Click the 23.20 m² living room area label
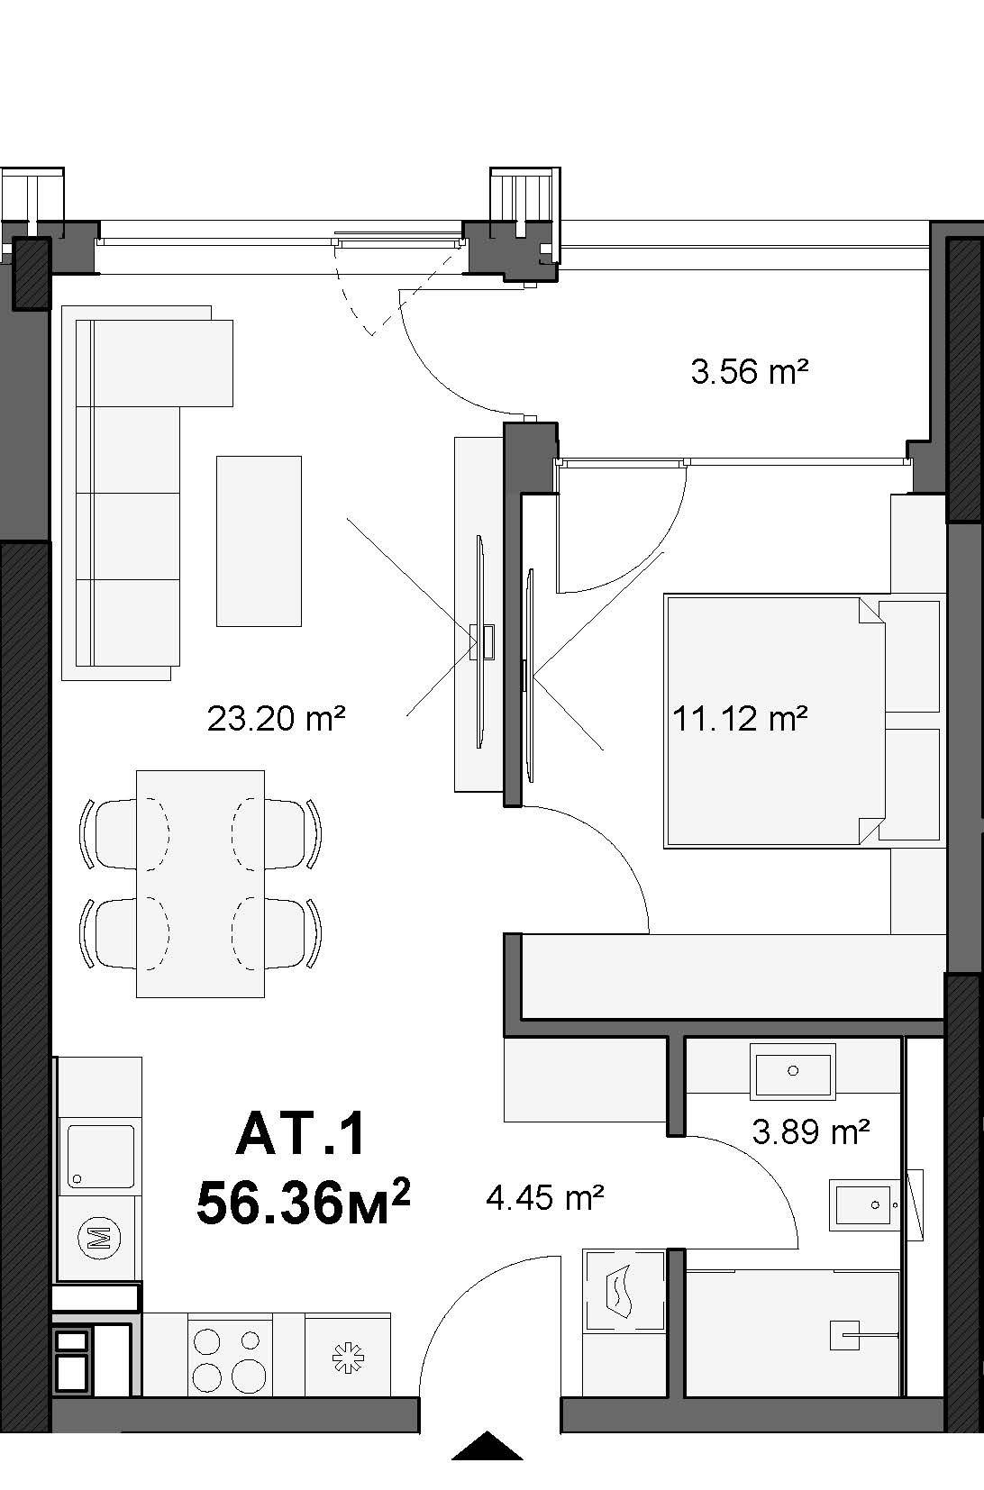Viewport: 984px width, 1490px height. pos(276,718)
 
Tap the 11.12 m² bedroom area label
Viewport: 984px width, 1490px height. pos(740,718)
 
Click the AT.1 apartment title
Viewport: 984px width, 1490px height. pos(300,1134)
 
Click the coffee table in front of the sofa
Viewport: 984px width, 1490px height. pos(259,541)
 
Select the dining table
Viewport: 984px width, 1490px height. pos(200,884)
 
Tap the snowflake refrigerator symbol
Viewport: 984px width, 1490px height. pos(348,1358)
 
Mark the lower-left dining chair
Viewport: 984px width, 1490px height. pos(123,933)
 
